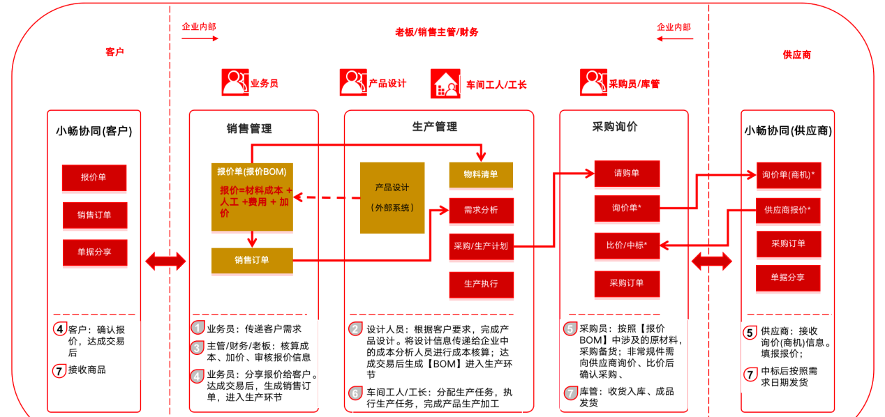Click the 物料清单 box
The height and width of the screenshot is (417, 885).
pyautogui.click(x=481, y=174)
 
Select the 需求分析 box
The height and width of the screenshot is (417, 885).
pyautogui.click(x=481, y=210)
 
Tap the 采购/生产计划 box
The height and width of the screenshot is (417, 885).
pyautogui.click(x=481, y=246)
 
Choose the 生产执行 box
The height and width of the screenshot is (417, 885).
pyautogui.click(x=481, y=284)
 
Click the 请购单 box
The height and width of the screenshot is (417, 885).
pyautogui.click(x=626, y=173)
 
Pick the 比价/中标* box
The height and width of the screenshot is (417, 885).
pyautogui.click(x=626, y=245)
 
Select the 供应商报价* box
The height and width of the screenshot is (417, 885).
pyautogui.click(x=787, y=209)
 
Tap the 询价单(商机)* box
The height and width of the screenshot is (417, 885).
pyautogui.click(x=789, y=175)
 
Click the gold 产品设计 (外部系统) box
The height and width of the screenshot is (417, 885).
pyautogui.click(x=392, y=197)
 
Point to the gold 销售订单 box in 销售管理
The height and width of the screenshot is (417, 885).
pyautogui.click(x=251, y=260)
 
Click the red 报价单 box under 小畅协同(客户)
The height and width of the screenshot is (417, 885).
pyautogui.click(x=94, y=178)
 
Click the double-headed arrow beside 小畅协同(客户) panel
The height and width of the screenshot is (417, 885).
pyautogui.click(x=165, y=261)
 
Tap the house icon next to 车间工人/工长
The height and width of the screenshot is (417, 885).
pyautogui.click(x=445, y=82)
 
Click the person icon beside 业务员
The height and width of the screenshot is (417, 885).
pyautogui.click(x=235, y=82)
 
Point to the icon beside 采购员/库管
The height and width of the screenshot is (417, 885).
pyautogui.click(x=593, y=82)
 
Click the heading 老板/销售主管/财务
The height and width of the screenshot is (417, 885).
pyautogui.click(x=437, y=32)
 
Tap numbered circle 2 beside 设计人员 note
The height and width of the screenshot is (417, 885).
pyautogui.click(x=356, y=329)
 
